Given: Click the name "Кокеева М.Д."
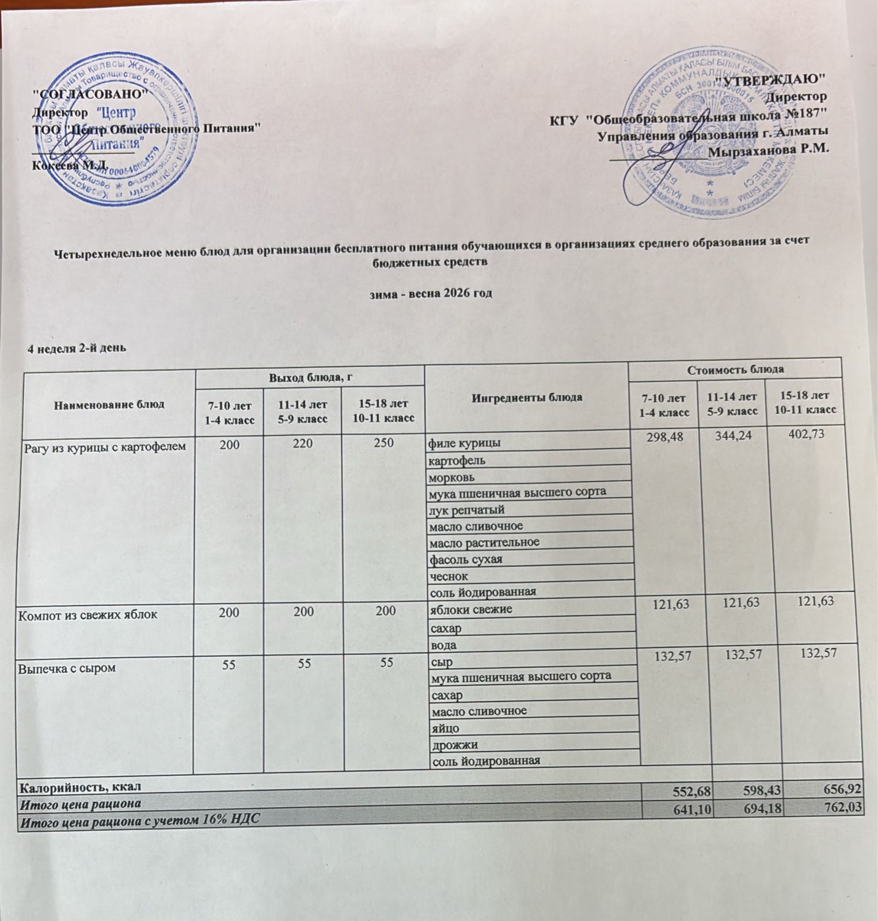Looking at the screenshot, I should point(70,165).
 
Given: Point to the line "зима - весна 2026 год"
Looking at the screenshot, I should point(430,293).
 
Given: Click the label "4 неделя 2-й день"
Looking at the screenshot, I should point(77,348).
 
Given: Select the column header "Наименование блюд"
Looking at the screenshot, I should point(109,404).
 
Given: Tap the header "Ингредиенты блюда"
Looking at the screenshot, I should point(527,397).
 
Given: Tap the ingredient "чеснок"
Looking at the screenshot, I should point(448,576).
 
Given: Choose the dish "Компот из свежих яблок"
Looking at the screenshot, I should point(88,614).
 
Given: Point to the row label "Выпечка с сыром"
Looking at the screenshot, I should point(67,668).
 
